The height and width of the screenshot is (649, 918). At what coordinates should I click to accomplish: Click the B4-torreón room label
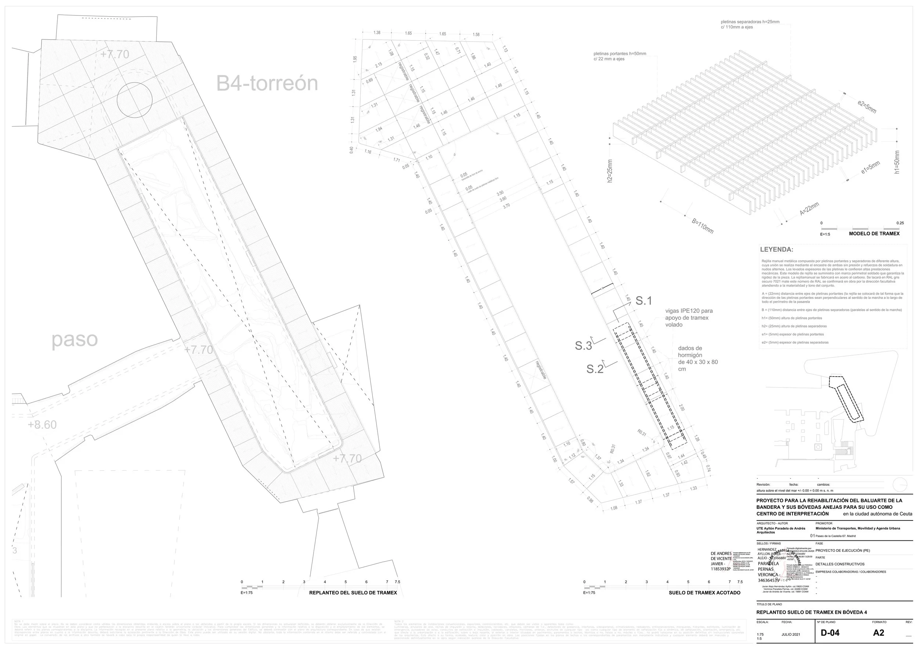pyautogui.click(x=267, y=83)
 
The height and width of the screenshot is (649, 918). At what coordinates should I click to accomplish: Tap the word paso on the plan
pyautogui.click(x=75, y=340)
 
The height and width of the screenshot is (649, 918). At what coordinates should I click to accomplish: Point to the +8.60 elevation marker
pyautogui.click(x=42, y=424)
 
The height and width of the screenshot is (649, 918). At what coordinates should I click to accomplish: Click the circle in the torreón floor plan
pyautogui.click(x=135, y=99)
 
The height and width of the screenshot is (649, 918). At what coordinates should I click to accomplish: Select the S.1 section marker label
pyautogui.click(x=644, y=301)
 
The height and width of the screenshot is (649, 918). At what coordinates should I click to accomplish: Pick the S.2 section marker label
pyautogui.click(x=594, y=369)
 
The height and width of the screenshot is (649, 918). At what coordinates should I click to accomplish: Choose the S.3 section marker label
pyautogui.click(x=583, y=346)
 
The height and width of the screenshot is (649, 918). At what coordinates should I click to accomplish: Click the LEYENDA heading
pyautogui.click(x=777, y=250)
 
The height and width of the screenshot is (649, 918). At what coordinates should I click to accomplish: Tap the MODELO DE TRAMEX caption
pyautogui.click(x=874, y=234)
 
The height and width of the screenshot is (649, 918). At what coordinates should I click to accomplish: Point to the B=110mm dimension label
pyautogui.click(x=702, y=226)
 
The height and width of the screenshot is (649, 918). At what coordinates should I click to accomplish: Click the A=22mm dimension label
pyautogui.click(x=810, y=209)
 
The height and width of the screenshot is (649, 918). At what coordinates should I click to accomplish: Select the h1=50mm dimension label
pyautogui.click(x=897, y=162)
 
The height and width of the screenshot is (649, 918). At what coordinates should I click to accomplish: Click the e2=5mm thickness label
pyautogui.click(x=867, y=107)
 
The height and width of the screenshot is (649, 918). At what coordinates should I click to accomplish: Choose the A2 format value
pyautogui.click(x=879, y=632)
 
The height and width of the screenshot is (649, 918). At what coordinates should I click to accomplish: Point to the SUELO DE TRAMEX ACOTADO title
pyautogui.click(x=705, y=592)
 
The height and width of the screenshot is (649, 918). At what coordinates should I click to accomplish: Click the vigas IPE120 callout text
pyautogui.click(x=689, y=318)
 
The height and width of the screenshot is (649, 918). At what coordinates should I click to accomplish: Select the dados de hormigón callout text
pyautogui.click(x=698, y=359)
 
